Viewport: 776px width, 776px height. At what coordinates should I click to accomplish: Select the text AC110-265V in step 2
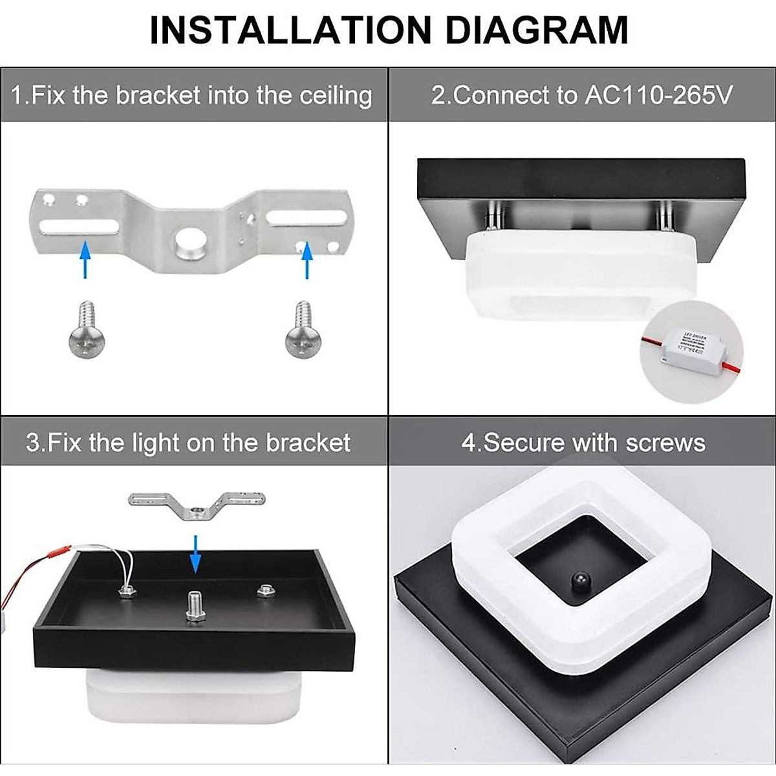tap(658, 96)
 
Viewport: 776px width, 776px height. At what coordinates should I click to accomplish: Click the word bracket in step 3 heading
tap(308, 443)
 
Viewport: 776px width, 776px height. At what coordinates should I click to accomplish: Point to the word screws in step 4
tap(664, 443)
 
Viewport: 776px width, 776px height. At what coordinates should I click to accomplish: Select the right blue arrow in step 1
tap(307, 259)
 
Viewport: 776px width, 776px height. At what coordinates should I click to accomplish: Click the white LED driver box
tap(690, 350)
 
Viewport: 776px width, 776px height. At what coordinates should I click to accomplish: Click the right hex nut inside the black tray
tap(264, 590)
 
